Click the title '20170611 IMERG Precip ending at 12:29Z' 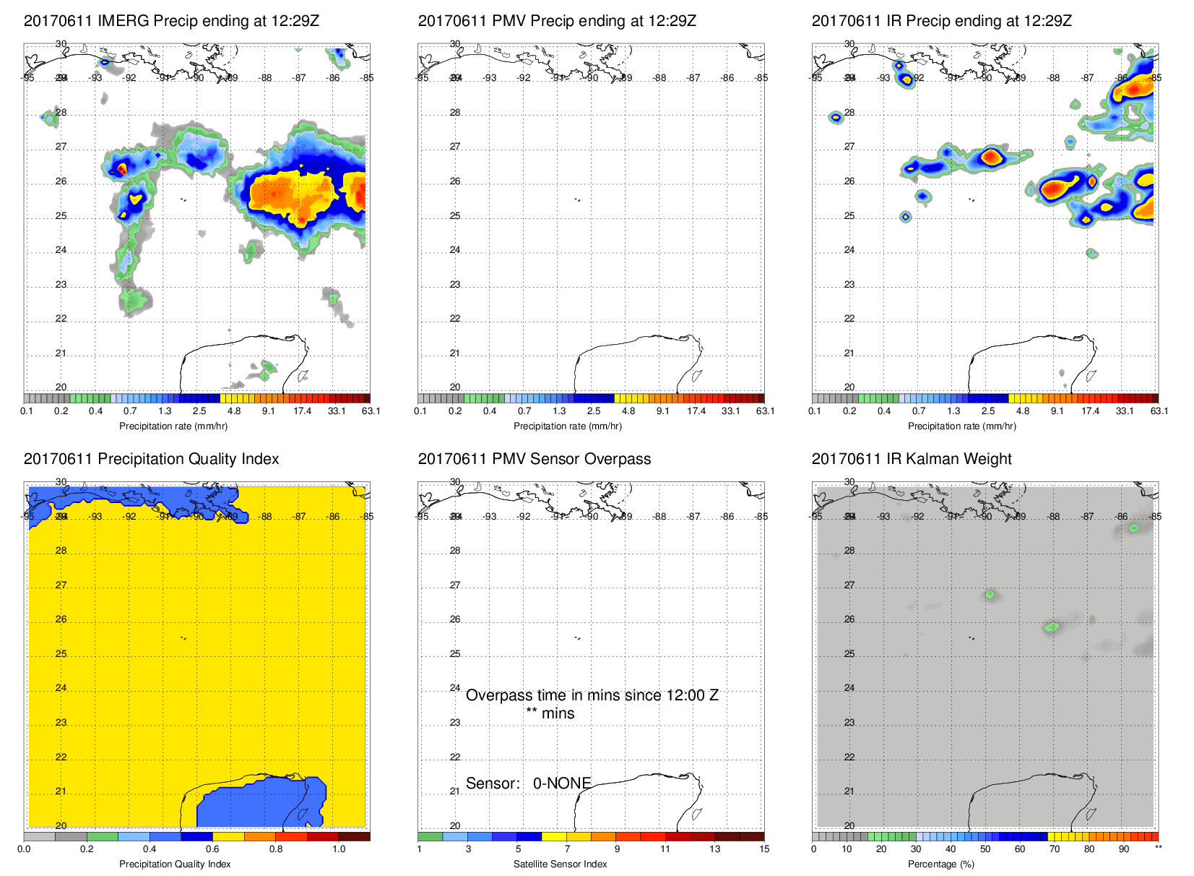[x=171, y=21]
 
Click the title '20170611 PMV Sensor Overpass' [x=534, y=459]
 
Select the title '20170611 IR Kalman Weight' [x=911, y=459]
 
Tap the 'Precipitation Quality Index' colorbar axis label [x=175, y=864]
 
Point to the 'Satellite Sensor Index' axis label [x=560, y=864]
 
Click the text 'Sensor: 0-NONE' [x=528, y=783]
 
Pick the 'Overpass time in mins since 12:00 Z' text [x=592, y=695]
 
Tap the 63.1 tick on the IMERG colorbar [x=371, y=411]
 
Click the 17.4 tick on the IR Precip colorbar [x=1090, y=411]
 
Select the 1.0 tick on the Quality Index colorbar [x=339, y=849]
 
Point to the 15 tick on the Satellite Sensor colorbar [x=764, y=849]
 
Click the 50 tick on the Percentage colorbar [x=985, y=849]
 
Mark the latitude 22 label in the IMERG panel [x=61, y=319]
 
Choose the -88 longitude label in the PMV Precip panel [x=659, y=78]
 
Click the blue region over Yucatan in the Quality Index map [x=260, y=802]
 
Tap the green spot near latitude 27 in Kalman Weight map [x=990, y=595]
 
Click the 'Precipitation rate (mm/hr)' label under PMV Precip [x=567, y=426]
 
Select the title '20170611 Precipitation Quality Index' [x=151, y=459]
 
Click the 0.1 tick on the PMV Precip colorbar [x=420, y=411]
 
